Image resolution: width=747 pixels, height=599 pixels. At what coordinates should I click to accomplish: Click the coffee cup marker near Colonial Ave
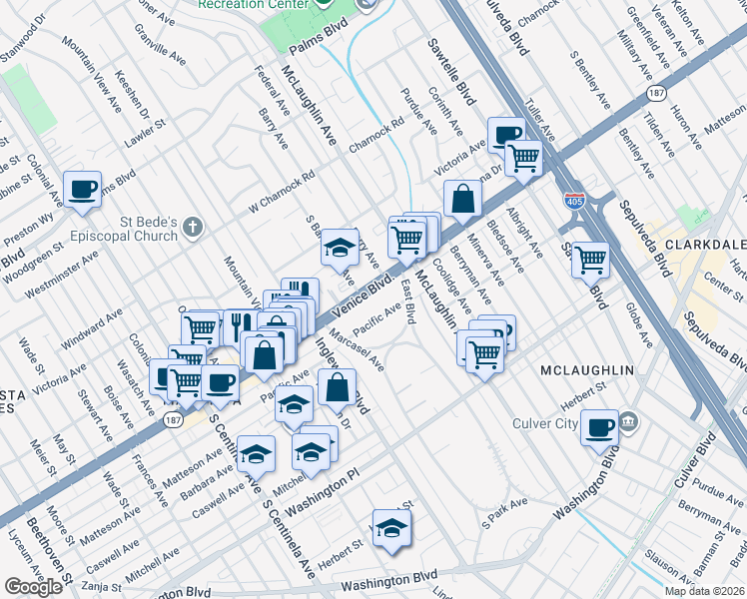tap(83, 188)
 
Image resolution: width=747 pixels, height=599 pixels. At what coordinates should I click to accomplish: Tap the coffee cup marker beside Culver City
tap(599, 427)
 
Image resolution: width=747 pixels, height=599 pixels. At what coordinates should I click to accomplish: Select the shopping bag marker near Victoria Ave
tap(462, 198)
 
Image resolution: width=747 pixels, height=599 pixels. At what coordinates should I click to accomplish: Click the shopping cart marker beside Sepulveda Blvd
tap(591, 259)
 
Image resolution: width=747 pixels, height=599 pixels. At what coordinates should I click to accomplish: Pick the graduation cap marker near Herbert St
tap(391, 529)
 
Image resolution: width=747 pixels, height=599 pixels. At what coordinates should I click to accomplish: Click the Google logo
tap(33, 587)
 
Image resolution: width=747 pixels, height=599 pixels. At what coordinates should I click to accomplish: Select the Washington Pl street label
tap(319, 483)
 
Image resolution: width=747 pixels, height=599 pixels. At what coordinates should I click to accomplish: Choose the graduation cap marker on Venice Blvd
tap(340, 246)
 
